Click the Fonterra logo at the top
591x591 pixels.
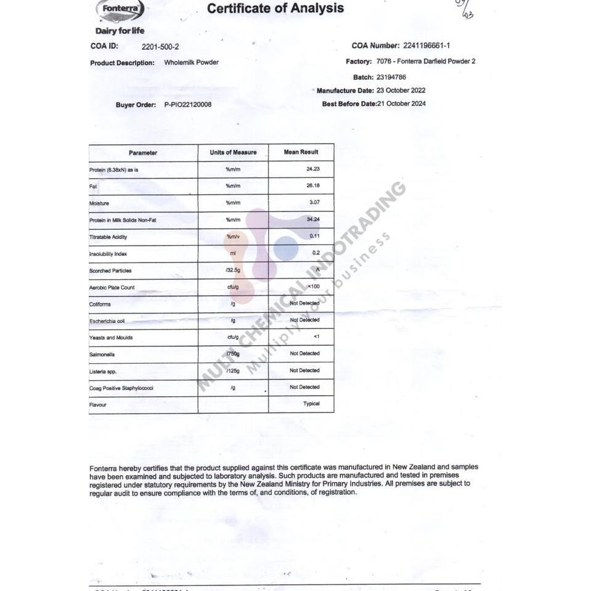pyautogui.click(x=121, y=10)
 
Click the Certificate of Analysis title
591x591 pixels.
pyautogui.click(x=275, y=9)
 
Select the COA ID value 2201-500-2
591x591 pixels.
pyautogui.click(x=160, y=46)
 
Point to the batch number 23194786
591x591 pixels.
pyautogui.click(x=391, y=78)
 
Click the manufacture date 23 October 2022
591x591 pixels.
pyautogui.click(x=401, y=91)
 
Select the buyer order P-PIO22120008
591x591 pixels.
pyautogui.click(x=188, y=105)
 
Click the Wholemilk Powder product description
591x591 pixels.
pyautogui.click(x=191, y=62)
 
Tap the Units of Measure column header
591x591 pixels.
pyautogui.click(x=233, y=152)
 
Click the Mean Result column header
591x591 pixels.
pyautogui.click(x=301, y=152)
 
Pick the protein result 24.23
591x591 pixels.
pyautogui.click(x=312, y=169)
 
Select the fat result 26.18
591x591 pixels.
pyautogui.click(x=312, y=185)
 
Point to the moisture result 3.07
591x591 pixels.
pyautogui.click(x=313, y=202)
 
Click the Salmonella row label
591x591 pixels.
pyautogui.click(x=102, y=354)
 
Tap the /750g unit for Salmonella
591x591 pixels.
pyautogui.click(x=232, y=354)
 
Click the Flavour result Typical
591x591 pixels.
pyautogui.click(x=311, y=404)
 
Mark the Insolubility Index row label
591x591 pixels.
pyautogui.click(x=109, y=254)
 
